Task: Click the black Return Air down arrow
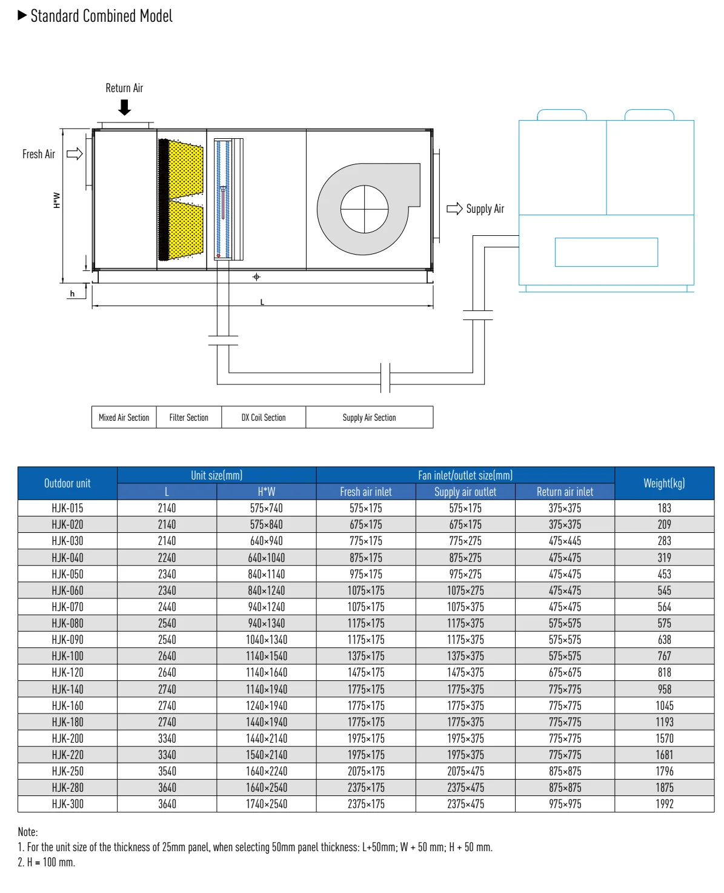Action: (x=124, y=108)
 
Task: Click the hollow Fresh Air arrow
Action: (x=75, y=154)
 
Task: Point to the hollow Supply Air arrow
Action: (x=454, y=209)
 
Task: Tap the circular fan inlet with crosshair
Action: (x=364, y=209)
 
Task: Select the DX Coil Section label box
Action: (x=264, y=418)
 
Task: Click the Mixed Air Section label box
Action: (x=124, y=418)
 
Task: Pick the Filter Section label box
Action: (x=189, y=418)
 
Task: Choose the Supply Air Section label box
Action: (x=369, y=418)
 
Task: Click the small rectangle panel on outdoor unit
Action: (x=606, y=252)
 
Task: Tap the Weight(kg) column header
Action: (x=664, y=483)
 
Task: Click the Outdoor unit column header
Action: (x=67, y=483)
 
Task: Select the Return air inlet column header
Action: (x=565, y=492)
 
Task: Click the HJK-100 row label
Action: (x=67, y=656)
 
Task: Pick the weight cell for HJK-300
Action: (x=664, y=804)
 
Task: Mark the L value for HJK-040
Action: (x=167, y=558)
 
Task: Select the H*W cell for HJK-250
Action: (x=266, y=771)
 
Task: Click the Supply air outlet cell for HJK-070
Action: (x=465, y=607)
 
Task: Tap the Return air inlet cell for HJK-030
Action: (x=565, y=541)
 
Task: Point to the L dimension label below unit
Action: (x=262, y=302)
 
